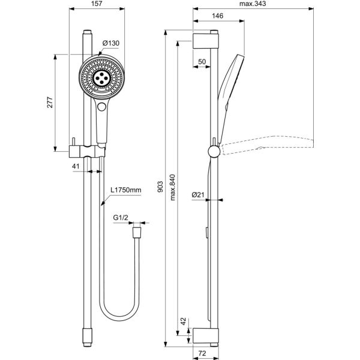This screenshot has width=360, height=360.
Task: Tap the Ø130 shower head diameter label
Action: [111, 43]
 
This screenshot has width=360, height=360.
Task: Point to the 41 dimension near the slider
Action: [76, 165]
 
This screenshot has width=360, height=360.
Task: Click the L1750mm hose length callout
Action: [125, 190]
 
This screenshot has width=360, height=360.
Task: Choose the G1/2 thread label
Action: [121, 220]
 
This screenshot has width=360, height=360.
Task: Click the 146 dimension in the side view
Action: [218, 16]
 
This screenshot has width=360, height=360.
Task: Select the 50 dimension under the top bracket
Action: [202, 62]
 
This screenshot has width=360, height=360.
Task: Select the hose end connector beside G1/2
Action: [139, 229]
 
